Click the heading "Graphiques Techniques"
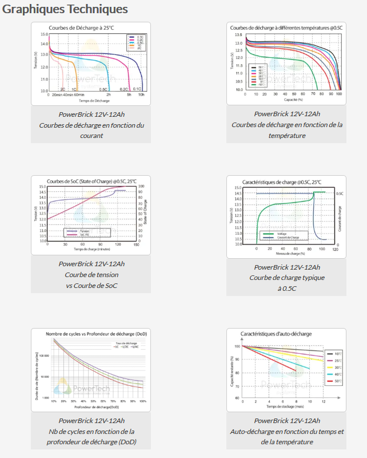(x=65, y=9)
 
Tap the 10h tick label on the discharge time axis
(x=141, y=94)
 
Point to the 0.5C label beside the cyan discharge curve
(x=103, y=89)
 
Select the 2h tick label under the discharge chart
(x=109, y=94)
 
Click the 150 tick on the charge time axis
(x=135, y=244)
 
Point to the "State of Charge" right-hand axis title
(x=145, y=212)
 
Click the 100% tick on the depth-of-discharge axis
(x=142, y=401)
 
